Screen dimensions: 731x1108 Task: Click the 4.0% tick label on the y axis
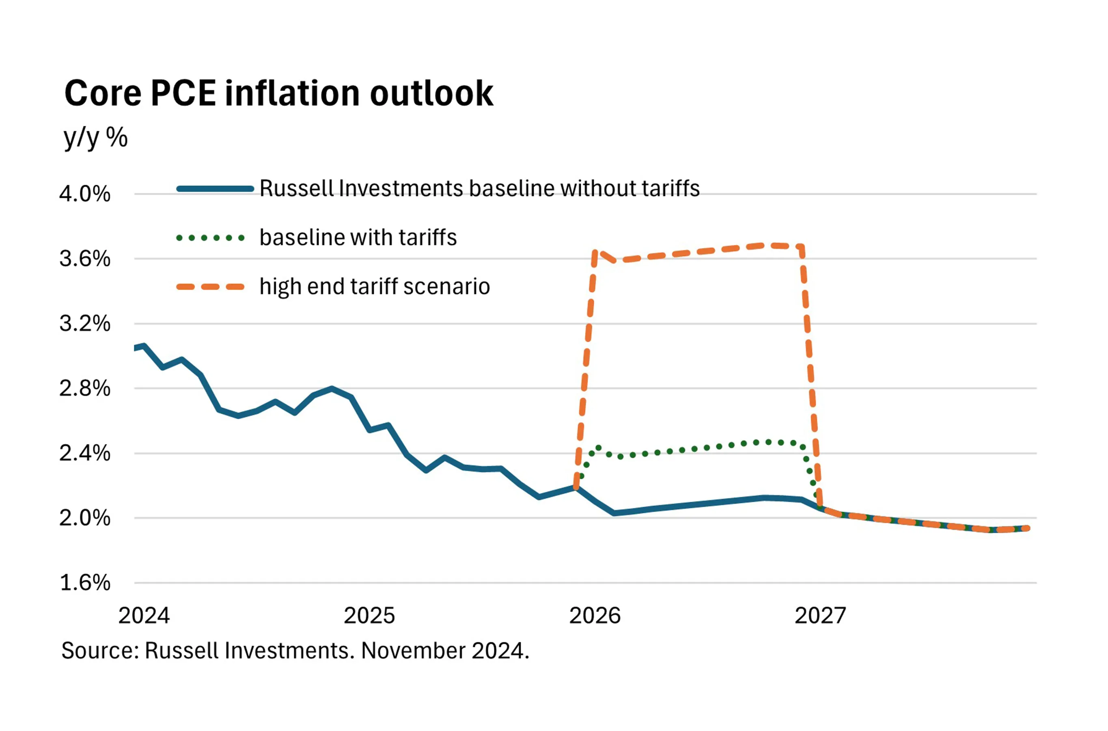pos(85,194)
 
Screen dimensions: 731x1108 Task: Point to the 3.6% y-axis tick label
pos(85,259)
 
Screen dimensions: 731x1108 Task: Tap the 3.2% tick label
pos(85,324)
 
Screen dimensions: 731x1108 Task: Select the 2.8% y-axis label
pos(85,388)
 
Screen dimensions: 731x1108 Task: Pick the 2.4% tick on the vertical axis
pos(85,453)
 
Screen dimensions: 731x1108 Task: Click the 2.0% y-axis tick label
pos(85,518)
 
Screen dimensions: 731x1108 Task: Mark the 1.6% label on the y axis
pos(85,583)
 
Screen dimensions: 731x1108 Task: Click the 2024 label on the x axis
pos(144,616)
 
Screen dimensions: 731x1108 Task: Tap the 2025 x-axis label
pos(369,616)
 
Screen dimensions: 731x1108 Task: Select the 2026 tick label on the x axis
pos(595,616)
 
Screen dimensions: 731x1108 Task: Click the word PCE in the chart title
pos(183,93)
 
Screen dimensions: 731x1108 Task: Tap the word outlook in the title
pos(431,93)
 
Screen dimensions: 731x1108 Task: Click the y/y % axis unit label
pos(95,138)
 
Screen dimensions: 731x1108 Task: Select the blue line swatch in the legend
pos(215,189)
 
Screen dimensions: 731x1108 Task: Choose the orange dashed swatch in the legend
pos(211,287)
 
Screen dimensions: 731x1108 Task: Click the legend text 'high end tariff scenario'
pos(375,286)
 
